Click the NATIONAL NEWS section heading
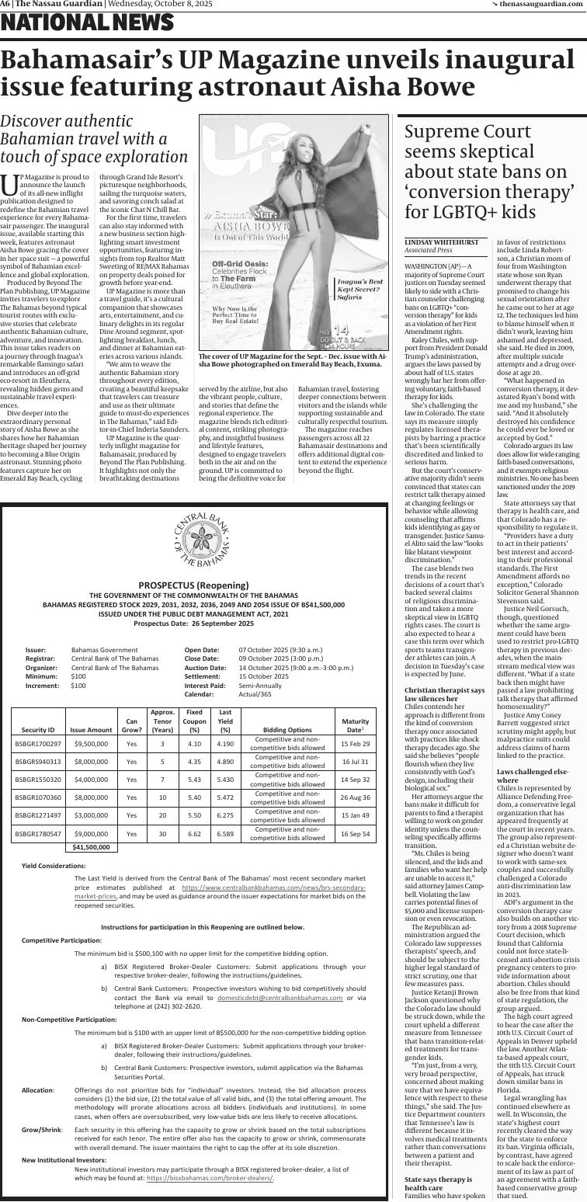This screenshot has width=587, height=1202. tap(87, 25)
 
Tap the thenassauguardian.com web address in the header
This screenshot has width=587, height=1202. tap(541, 5)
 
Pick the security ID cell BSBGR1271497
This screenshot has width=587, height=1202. tap(38, 815)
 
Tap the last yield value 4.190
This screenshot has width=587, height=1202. tap(225, 744)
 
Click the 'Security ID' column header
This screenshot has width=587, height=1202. tap(38, 730)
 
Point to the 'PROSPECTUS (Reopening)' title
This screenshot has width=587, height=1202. tap(193, 585)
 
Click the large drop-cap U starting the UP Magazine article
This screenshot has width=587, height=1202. tap(9, 185)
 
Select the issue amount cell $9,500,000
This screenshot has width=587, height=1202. tap(91, 744)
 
